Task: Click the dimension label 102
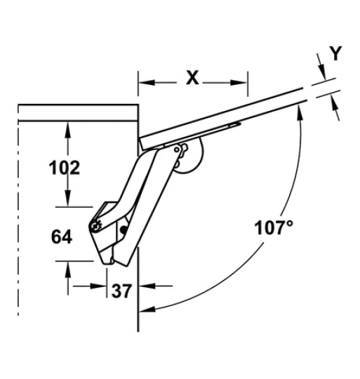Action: coord(65,168)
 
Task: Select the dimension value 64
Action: coord(62,237)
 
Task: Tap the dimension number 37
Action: coord(122,291)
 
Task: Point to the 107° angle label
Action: coord(274,227)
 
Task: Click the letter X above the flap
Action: coord(192,78)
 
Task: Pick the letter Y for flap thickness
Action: coord(336,53)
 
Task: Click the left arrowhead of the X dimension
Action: coord(146,82)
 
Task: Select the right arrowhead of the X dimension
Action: coord(239,82)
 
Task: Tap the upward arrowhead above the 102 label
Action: coord(67,130)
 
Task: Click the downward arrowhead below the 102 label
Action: coord(67,198)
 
